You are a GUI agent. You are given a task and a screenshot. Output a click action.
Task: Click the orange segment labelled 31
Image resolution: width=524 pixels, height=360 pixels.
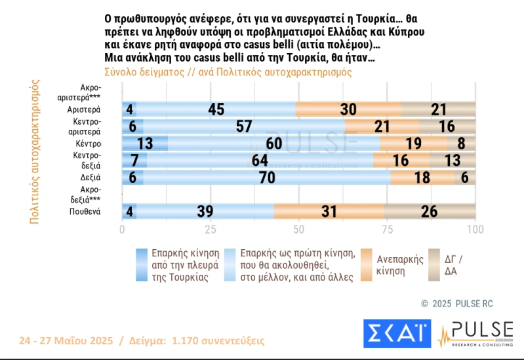(329, 211)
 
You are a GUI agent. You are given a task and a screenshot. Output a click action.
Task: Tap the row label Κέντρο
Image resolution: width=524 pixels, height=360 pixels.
(87, 143)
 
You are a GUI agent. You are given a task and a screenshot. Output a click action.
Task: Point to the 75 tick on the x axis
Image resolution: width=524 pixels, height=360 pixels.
(387, 230)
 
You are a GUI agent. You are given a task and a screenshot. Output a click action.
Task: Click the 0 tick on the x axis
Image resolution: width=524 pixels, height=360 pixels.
(122, 230)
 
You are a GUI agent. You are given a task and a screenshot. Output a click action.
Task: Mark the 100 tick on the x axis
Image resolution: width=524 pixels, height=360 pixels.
(475, 230)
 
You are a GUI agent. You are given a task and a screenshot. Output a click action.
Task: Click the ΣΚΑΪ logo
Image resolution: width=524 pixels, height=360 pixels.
(397, 333)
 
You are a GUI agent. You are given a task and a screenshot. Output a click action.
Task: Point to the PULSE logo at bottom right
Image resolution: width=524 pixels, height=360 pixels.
(475, 333)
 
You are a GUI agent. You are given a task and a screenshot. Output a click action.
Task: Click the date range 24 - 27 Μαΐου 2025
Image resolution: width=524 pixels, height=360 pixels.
(65, 341)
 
